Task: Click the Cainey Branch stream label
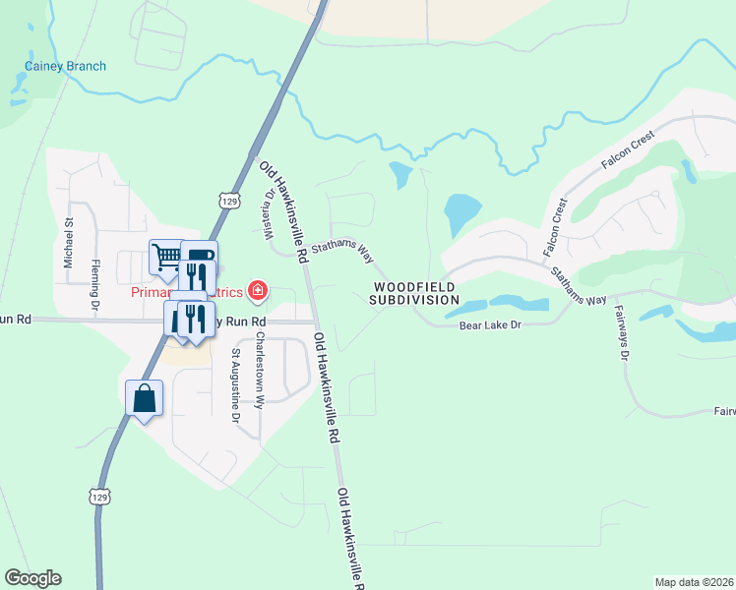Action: click(x=65, y=67)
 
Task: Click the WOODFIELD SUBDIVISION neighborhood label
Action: click(x=415, y=293)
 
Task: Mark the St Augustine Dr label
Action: click(x=235, y=384)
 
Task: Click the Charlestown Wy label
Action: click(x=260, y=370)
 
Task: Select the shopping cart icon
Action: click(x=166, y=258)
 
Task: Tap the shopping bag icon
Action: click(x=144, y=398)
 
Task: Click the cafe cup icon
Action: click(x=200, y=256)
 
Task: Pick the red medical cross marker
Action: click(x=258, y=290)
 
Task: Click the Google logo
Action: click(x=32, y=578)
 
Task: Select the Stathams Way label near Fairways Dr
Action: click(x=579, y=287)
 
